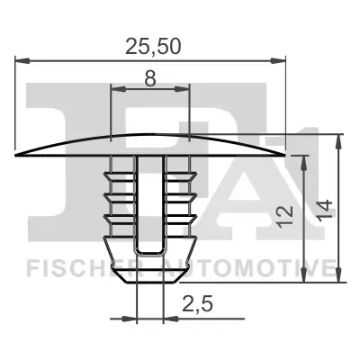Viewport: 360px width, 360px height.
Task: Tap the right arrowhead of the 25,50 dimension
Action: tap(280, 61)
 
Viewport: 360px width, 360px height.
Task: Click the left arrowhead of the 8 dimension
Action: tap(114, 89)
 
